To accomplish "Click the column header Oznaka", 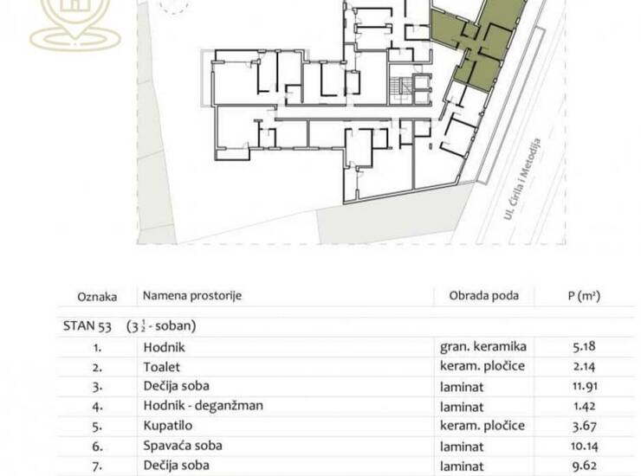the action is (97, 296).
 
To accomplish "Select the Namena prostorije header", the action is (192, 295).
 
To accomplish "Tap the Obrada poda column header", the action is (484, 295).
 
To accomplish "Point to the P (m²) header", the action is (584, 295).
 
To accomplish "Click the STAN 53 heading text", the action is (87, 326).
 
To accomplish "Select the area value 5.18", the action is (584, 346).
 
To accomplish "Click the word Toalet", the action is (161, 367).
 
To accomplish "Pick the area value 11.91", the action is (585, 386).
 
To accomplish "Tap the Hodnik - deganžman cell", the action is (204, 406).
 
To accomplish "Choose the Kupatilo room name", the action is (167, 425).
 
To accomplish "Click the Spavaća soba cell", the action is (183, 446).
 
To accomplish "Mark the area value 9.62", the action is (584, 465).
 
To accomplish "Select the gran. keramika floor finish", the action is (482, 346).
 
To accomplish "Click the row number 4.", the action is (97, 407).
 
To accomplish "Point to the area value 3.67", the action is (584, 425).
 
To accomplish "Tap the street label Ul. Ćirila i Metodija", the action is (522, 179).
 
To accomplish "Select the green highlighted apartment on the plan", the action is (477, 43).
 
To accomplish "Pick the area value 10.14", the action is (585, 446).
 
